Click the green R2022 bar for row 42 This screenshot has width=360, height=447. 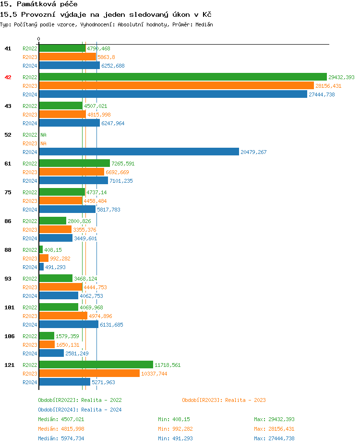[182, 77]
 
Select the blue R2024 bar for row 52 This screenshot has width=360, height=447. [139, 152]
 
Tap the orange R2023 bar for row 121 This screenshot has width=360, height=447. [89, 374]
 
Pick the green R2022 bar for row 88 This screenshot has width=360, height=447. [41, 250]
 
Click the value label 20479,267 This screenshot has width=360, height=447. [253, 152]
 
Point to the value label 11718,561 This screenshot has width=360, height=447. [168, 365]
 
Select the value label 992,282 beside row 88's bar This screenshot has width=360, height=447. [60, 259]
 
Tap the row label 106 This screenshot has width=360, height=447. [9, 336]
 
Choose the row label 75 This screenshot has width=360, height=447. [8, 192]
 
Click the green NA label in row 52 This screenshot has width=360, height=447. [43, 135]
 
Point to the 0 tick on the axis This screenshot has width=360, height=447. [39, 39]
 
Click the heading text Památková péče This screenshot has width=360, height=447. [39, 4]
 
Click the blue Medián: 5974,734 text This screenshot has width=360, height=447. [61, 438]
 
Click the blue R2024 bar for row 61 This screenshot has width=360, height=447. [73, 181]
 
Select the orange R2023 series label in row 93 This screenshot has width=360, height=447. [30, 287]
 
